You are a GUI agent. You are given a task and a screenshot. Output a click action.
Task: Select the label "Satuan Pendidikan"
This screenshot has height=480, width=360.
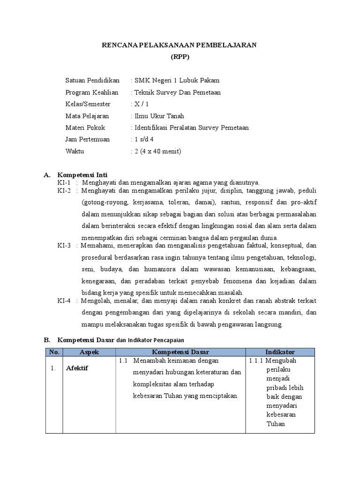click(x=92, y=80)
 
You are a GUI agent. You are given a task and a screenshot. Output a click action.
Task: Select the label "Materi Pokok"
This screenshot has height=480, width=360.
click(x=85, y=127)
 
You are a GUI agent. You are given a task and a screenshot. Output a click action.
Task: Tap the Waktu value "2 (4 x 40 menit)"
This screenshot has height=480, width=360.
click(x=157, y=151)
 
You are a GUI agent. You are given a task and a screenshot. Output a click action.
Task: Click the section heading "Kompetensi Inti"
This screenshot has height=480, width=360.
click(x=82, y=175)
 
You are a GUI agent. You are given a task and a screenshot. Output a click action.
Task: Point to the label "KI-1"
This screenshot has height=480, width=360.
click(x=64, y=182)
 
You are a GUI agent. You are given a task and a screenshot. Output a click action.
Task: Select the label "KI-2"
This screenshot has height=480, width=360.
click(x=64, y=191)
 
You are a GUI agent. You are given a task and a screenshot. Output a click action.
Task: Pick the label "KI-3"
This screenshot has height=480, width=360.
click(x=64, y=245)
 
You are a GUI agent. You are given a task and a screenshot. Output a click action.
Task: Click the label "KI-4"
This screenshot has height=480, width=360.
click(x=64, y=301)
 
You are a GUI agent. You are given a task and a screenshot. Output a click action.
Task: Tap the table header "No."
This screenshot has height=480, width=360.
click(x=54, y=352)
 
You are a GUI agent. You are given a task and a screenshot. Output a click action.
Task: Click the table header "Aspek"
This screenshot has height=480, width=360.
click(x=89, y=352)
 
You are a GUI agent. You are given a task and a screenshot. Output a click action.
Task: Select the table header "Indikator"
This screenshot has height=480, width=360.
click(x=280, y=352)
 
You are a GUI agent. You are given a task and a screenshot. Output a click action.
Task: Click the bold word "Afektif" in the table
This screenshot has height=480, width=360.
click(x=77, y=368)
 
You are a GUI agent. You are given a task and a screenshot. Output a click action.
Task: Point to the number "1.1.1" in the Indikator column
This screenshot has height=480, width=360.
click(x=258, y=360)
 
